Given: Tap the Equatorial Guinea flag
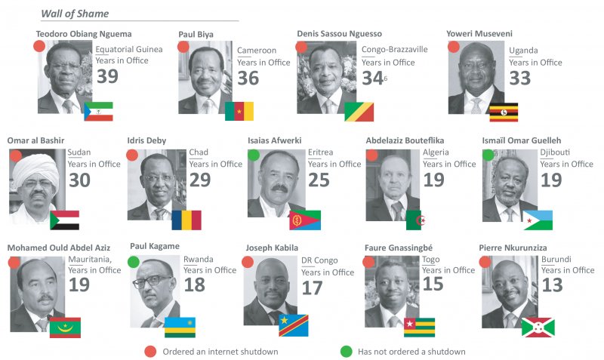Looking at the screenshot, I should point(98,111).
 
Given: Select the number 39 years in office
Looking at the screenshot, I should point(107,76).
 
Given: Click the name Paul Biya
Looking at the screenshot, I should point(196,34).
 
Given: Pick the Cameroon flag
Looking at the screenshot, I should point(239,111).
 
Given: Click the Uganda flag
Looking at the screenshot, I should point(504,112).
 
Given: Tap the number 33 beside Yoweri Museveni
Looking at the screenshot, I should point(520,78).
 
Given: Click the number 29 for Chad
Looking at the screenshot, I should point(200,180).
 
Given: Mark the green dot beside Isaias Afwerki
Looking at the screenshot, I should point(254,155).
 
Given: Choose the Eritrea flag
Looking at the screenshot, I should point(304,220).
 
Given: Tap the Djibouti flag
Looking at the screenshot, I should point(538,220).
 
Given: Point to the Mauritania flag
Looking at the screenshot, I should point(65,327).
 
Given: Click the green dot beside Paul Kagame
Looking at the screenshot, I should point(134,262).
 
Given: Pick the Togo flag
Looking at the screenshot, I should point(419,327).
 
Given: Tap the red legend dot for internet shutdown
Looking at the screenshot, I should point(151,351).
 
